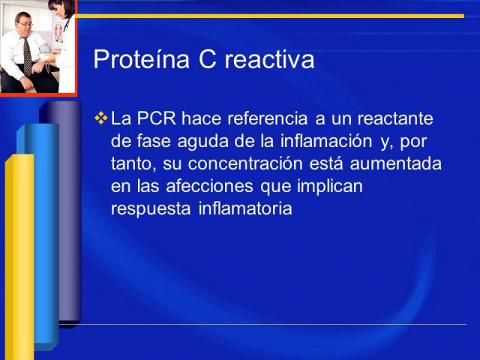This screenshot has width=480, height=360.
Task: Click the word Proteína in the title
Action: pyautogui.click(x=142, y=59)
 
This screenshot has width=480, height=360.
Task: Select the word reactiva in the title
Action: pyautogui.click(x=270, y=59)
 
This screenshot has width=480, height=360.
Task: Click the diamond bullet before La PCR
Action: pyautogui.click(x=101, y=118)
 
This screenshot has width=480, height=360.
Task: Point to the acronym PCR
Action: pyautogui.click(x=157, y=118)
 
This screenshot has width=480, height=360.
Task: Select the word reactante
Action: pyautogui.click(x=395, y=118)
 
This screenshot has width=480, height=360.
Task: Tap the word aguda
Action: pyautogui.click(x=202, y=141)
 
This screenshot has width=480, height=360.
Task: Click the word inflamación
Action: pyautogui.click(x=326, y=141)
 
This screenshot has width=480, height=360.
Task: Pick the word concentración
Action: pyautogui.click(x=245, y=163)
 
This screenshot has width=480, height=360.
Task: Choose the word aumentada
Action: pyautogui.click(x=395, y=163)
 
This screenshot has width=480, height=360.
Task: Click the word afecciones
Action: pyautogui.click(x=210, y=186)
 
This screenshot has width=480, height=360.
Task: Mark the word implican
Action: pyautogui.click(x=330, y=187)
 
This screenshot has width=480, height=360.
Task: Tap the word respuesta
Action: pyautogui.click(x=151, y=209)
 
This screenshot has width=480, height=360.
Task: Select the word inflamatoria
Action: pyautogui.click(x=245, y=208)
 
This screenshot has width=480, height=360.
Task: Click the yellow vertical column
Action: pyautogui.click(x=19, y=257)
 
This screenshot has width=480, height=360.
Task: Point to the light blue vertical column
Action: pyautogui.click(x=43, y=235)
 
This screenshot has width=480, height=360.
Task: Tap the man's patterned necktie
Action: pyautogui.click(x=28, y=56)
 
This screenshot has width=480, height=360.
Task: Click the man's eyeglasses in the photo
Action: pyautogui.click(x=25, y=24)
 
